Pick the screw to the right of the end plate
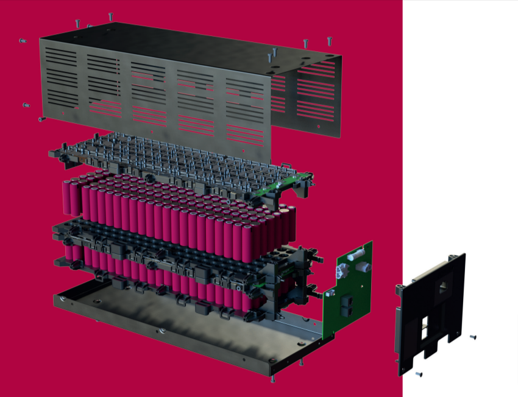coord(473,337)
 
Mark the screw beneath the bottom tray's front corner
coord(271,378)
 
